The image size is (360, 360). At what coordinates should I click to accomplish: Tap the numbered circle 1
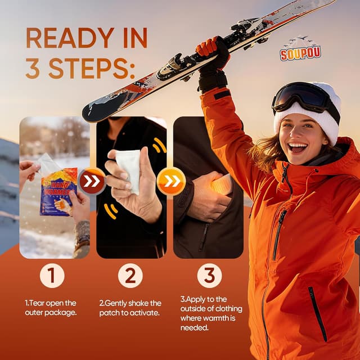pyautogui.click(x=52, y=276)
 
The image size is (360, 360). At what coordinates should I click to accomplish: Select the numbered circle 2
pyautogui.click(x=130, y=276)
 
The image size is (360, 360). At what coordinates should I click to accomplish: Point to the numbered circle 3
pyautogui.click(x=209, y=276)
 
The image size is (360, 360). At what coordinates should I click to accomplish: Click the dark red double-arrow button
pyautogui.click(x=92, y=181)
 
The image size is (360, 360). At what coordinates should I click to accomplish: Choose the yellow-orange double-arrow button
pyautogui.click(x=171, y=181)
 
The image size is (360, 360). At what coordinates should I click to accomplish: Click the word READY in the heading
pyautogui.click(x=70, y=38)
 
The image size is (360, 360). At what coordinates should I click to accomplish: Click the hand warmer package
pyautogui.click(x=58, y=192)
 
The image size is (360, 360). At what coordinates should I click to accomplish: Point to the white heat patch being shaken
pyautogui.click(x=129, y=170)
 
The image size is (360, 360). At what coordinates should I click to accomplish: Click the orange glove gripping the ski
pyautogui.click(x=208, y=48)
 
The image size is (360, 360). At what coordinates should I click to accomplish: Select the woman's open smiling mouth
pyautogui.click(x=298, y=147)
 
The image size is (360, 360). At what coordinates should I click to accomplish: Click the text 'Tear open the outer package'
pyautogui.click(x=51, y=308)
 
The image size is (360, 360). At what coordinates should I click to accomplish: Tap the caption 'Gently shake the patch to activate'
pyautogui.click(x=130, y=308)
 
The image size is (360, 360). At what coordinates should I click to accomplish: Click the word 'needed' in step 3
pyautogui.click(x=195, y=327)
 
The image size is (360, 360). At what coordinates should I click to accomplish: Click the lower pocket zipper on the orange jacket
pyautogui.click(x=318, y=314)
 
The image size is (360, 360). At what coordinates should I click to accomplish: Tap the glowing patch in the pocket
pyautogui.click(x=222, y=184)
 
